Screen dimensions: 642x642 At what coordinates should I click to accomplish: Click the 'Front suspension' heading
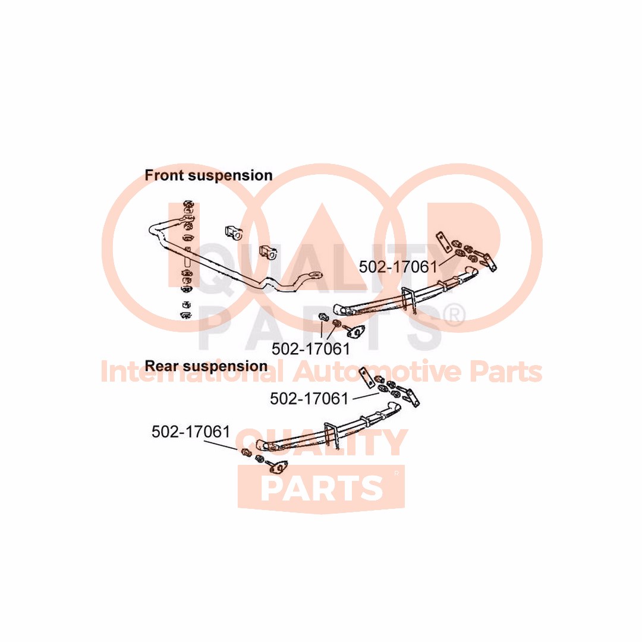pos(209,175)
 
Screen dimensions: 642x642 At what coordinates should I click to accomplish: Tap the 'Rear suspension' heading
pos(206,366)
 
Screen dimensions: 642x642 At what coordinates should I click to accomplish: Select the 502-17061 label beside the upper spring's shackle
pos(398,267)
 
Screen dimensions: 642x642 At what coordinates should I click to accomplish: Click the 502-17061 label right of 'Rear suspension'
pos(309,399)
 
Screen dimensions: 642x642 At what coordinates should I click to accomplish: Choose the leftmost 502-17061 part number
pos(191,432)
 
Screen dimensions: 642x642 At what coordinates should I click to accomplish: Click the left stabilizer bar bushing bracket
pos(232,232)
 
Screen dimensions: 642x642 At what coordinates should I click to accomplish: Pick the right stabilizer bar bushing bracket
pos(268,252)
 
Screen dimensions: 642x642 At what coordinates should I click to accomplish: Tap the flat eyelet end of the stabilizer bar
pos(314,276)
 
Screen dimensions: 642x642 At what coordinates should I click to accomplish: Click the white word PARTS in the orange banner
pos(322,487)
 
